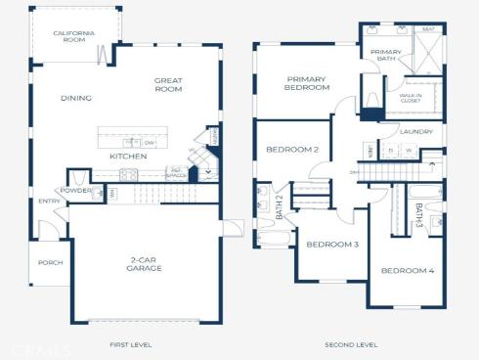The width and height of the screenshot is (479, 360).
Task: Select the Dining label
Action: (75, 98)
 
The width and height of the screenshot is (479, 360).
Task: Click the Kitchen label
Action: (128, 157)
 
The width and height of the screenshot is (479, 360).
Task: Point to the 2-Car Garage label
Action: (144, 264)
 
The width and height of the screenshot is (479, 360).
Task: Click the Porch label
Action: (50, 262)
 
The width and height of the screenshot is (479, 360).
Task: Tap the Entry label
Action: (49, 202)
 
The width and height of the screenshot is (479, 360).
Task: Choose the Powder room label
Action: (75, 190)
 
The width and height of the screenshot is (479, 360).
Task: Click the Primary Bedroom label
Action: (306, 83)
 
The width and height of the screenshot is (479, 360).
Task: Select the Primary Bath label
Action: (386, 56)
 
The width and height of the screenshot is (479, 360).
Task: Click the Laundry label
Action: (415, 131)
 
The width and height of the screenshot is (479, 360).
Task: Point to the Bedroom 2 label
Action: (292, 150)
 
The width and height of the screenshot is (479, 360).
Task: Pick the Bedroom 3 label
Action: (331, 244)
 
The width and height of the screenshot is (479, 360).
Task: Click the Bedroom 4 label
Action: (407, 270)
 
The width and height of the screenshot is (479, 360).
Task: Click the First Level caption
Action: (130, 345)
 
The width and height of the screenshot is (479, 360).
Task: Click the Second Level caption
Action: (351, 345)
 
